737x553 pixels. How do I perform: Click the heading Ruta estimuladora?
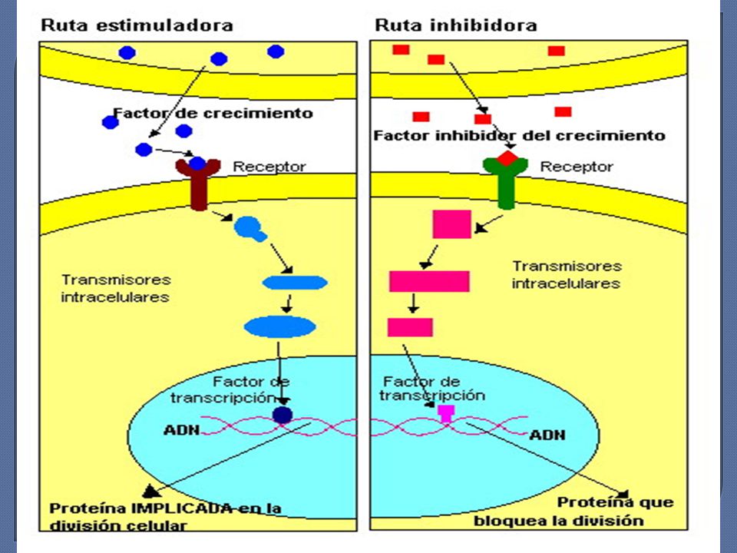(137, 25)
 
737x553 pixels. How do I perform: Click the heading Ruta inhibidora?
(455, 25)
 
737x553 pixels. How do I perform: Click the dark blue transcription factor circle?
(283, 416)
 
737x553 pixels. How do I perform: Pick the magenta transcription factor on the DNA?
(446, 413)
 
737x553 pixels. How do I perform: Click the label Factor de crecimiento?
(213, 114)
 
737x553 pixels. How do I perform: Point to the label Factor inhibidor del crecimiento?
(520, 135)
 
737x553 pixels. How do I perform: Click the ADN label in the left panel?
(182, 430)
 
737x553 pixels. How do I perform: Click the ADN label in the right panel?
(547, 435)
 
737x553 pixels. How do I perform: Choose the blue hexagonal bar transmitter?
(295, 283)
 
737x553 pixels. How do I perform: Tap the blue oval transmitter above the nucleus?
(279, 327)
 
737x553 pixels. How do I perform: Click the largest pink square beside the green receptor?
(451, 224)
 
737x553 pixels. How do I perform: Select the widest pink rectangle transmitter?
(429, 281)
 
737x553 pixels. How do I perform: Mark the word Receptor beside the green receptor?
(577, 167)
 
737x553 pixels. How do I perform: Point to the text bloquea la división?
(558, 521)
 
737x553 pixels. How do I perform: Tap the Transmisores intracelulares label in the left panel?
(116, 288)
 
